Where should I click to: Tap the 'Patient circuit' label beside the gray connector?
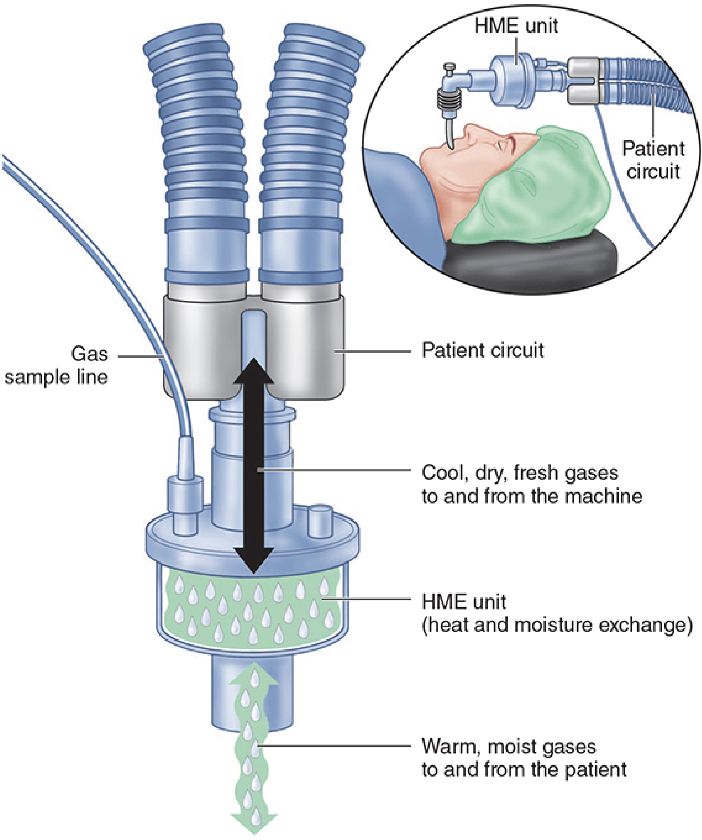483,350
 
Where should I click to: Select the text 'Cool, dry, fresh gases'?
520,473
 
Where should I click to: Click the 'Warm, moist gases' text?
509,746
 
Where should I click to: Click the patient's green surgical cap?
536,188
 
